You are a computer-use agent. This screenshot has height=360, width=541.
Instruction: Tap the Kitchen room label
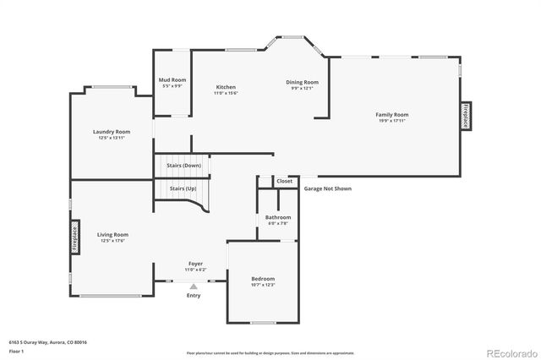tap(226, 87)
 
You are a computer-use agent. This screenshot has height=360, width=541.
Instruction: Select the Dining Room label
tap(302, 82)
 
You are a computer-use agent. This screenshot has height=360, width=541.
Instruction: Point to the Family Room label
tap(392, 114)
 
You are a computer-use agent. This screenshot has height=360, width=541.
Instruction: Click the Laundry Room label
tap(112, 132)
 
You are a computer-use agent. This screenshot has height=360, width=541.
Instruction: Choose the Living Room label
tap(112, 234)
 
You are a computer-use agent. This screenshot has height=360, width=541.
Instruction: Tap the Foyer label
tap(195, 264)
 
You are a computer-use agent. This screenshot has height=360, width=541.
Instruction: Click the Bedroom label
tap(263, 279)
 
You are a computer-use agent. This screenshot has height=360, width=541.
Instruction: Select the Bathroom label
tap(278, 218)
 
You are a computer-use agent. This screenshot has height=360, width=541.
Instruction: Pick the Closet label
tap(285, 181)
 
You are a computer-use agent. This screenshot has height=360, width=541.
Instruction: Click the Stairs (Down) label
tap(183, 165)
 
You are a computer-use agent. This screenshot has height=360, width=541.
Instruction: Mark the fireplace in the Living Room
tap(74, 236)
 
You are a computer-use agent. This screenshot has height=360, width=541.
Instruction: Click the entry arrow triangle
tap(194, 287)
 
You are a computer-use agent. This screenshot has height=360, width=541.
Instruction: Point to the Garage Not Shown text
tap(328, 188)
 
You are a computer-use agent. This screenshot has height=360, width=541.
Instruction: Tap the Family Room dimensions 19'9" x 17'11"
tap(392, 121)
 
